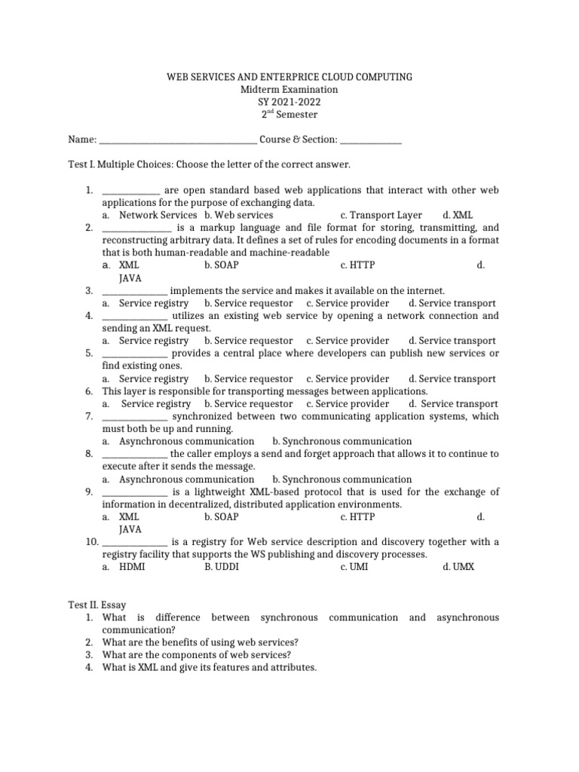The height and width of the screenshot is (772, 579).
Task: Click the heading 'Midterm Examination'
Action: click(289, 90)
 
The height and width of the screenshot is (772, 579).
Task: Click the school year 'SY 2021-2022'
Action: click(289, 102)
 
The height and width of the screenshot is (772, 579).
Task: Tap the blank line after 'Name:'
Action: click(178, 139)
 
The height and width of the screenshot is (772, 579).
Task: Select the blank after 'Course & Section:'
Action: click(372, 139)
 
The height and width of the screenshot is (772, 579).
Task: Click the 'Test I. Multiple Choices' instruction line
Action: click(209, 164)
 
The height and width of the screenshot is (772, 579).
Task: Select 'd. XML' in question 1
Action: click(458, 215)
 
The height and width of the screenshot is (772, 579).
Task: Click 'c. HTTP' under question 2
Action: click(357, 265)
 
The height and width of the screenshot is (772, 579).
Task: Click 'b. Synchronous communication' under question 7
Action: click(342, 441)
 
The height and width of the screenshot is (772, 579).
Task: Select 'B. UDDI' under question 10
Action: click(221, 567)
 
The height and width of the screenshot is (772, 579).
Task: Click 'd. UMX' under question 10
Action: click(458, 567)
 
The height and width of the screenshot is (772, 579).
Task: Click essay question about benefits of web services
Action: click(201, 642)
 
